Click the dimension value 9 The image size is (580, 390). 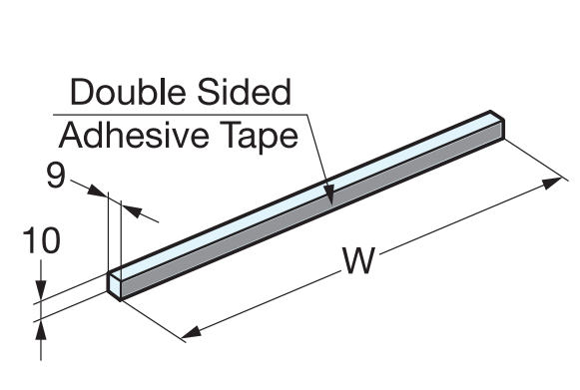click(56, 177)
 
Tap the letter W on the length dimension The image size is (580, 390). click(356, 260)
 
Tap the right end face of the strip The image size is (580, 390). click(502, 127)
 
